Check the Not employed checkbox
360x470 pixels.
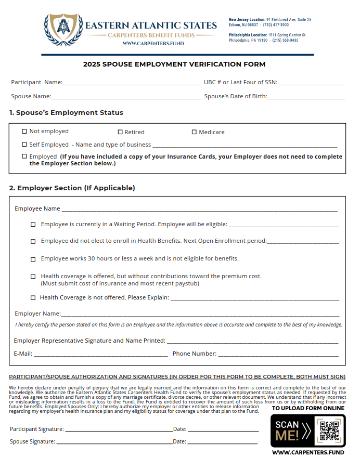click(x=24, y=132)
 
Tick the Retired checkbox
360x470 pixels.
click(x=120, y=132)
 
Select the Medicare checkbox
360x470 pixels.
click(x=194, y=132)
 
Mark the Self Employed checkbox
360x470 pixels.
click(x=24, y=145)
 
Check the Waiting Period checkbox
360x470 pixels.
click(x=33, y=225)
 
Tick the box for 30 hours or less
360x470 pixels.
click(x=33, y=259)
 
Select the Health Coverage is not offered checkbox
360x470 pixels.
click(x=33, y=298)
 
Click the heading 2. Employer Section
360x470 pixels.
click(x=72, y=188)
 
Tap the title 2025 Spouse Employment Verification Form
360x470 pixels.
click(x=174, y=64)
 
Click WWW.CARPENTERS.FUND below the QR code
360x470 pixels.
click(x=308, y=453)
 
